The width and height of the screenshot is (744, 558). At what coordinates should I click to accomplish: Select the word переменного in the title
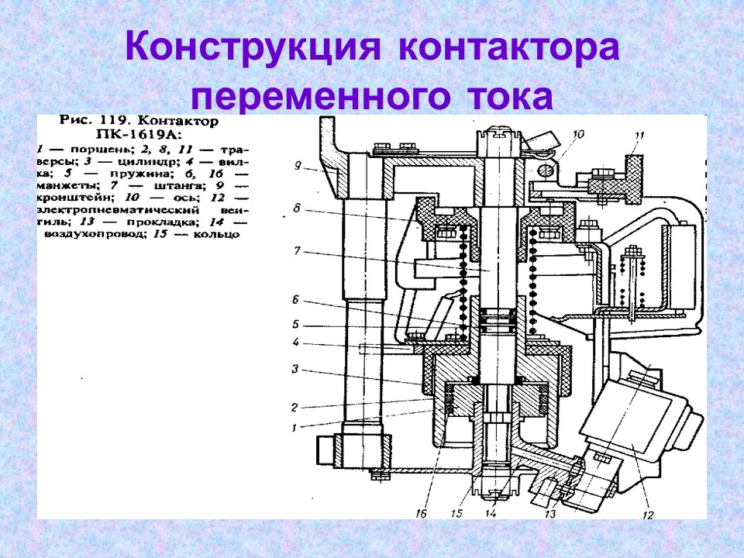(319, 98)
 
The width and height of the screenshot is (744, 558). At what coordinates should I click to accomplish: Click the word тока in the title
(510, 98)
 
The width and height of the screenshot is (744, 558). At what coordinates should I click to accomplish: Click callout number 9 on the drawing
(297, 164)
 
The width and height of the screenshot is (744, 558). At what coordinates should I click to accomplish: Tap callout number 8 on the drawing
(297, 208)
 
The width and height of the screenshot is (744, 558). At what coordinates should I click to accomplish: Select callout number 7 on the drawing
(297, 252)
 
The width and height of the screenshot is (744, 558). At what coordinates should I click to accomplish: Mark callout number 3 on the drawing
(295, 370)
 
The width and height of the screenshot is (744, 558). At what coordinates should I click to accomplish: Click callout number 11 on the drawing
(639, 136)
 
